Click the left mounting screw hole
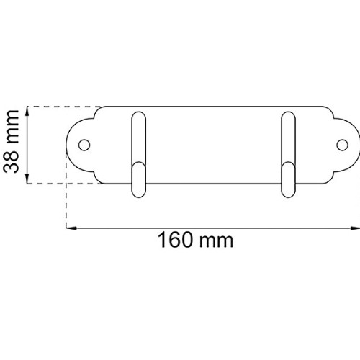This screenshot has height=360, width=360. [84, 145]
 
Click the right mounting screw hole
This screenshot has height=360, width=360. [342, 145]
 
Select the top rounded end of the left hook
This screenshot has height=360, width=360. [139, 114]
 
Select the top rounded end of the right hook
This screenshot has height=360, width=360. [288, 114]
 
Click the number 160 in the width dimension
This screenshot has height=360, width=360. [175, 240]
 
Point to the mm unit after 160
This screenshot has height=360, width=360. [216, 241]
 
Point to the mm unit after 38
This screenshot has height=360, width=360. [12, 127]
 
